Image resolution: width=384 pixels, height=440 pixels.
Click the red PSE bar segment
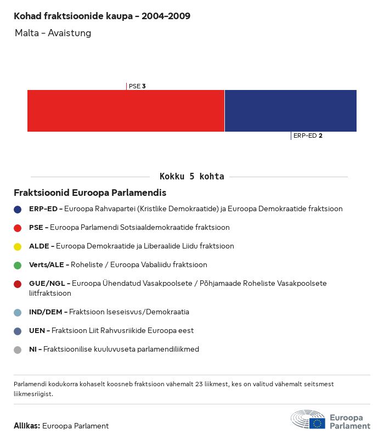pyautogui.click(x=126, y=111)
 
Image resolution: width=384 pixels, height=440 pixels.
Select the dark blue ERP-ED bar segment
pyautogui.click(x=290, y=111)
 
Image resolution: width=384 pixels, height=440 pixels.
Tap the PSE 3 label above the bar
pyautogui.click(x=137, y=86)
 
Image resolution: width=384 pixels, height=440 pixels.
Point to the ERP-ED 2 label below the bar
pyautogui.click(x=308, y=136)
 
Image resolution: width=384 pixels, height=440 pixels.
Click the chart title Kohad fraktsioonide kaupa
pyautogui.click(x=102, y=16)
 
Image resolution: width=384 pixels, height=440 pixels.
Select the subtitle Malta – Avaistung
pyautogui.click(x=53, y=33)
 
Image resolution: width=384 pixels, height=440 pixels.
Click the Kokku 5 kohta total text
pyautogui.click(x=191, y=177)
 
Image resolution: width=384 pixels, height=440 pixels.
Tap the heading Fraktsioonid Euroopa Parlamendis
pyautogui.click(x=90, y=193)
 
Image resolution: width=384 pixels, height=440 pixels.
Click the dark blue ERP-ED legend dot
pyautogui.click(x=18, y=209)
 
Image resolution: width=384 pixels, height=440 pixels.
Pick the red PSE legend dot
pyautogui.click(x=18, y=228)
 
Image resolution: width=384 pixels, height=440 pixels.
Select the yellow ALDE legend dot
pyautogui.click(x=18, y=246)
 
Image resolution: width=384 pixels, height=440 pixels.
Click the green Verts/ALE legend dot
pyautogui.click(x=18, y=265)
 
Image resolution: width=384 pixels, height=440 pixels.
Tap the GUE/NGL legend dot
pyautogui.click(x=18, y=284)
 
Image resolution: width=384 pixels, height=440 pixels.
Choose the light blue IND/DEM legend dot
pyautogui.click(x=18, y=312)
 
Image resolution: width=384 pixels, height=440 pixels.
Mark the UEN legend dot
pyautogui.click(x=18, y=331)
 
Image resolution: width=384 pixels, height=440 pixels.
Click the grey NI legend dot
pyautogui.click(x=18, y=349)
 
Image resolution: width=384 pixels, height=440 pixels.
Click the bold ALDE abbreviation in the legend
pyautogui.click(x=38, y=246)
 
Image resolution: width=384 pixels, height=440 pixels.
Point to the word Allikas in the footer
pyautogui.click(x=27, y=426)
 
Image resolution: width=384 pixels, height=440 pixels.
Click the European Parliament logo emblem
pyautogui.click(x=308, y=419)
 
